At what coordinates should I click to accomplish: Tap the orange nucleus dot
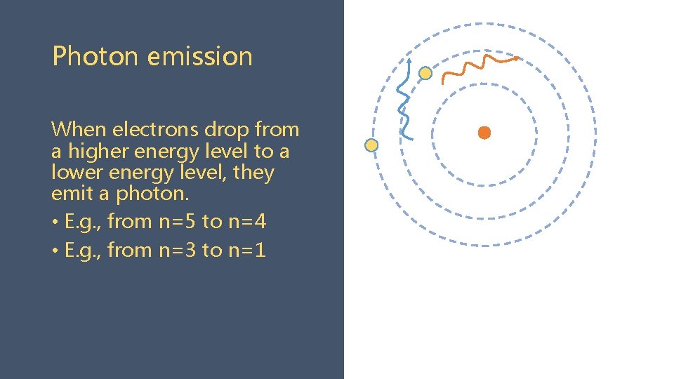point(484,133)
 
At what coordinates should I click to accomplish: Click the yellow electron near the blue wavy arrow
point(425,73)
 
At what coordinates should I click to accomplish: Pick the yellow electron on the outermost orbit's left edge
point(371,145)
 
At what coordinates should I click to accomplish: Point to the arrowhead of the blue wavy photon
point(411,61)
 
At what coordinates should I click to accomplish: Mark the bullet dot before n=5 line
point(55,222)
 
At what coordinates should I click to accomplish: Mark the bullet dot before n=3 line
point(55,251)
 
